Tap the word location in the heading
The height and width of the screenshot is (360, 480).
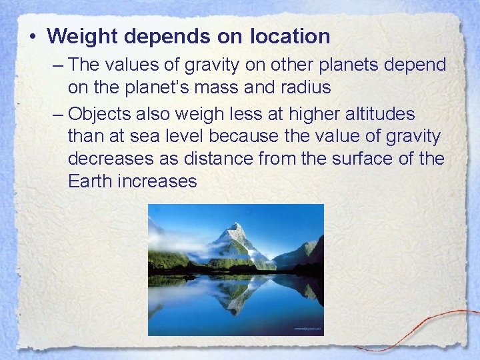pos(290,36)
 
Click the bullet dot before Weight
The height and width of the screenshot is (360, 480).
pos(33,36)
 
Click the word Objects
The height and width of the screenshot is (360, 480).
pos(101,114)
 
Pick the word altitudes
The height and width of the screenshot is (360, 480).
pos(379,114)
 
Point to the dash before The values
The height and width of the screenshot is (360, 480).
pos(57,65)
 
